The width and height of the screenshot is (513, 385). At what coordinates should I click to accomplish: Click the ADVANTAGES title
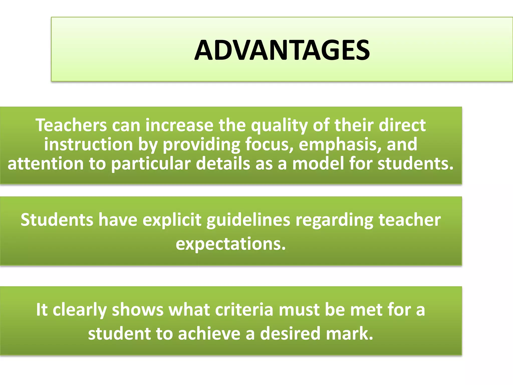pyautogui.click(x=282, y=51)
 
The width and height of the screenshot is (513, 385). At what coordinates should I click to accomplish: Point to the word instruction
pyautogui.click(x=88, y=145)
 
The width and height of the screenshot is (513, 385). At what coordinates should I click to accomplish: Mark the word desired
pyautogui.click(x=290, y=334)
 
